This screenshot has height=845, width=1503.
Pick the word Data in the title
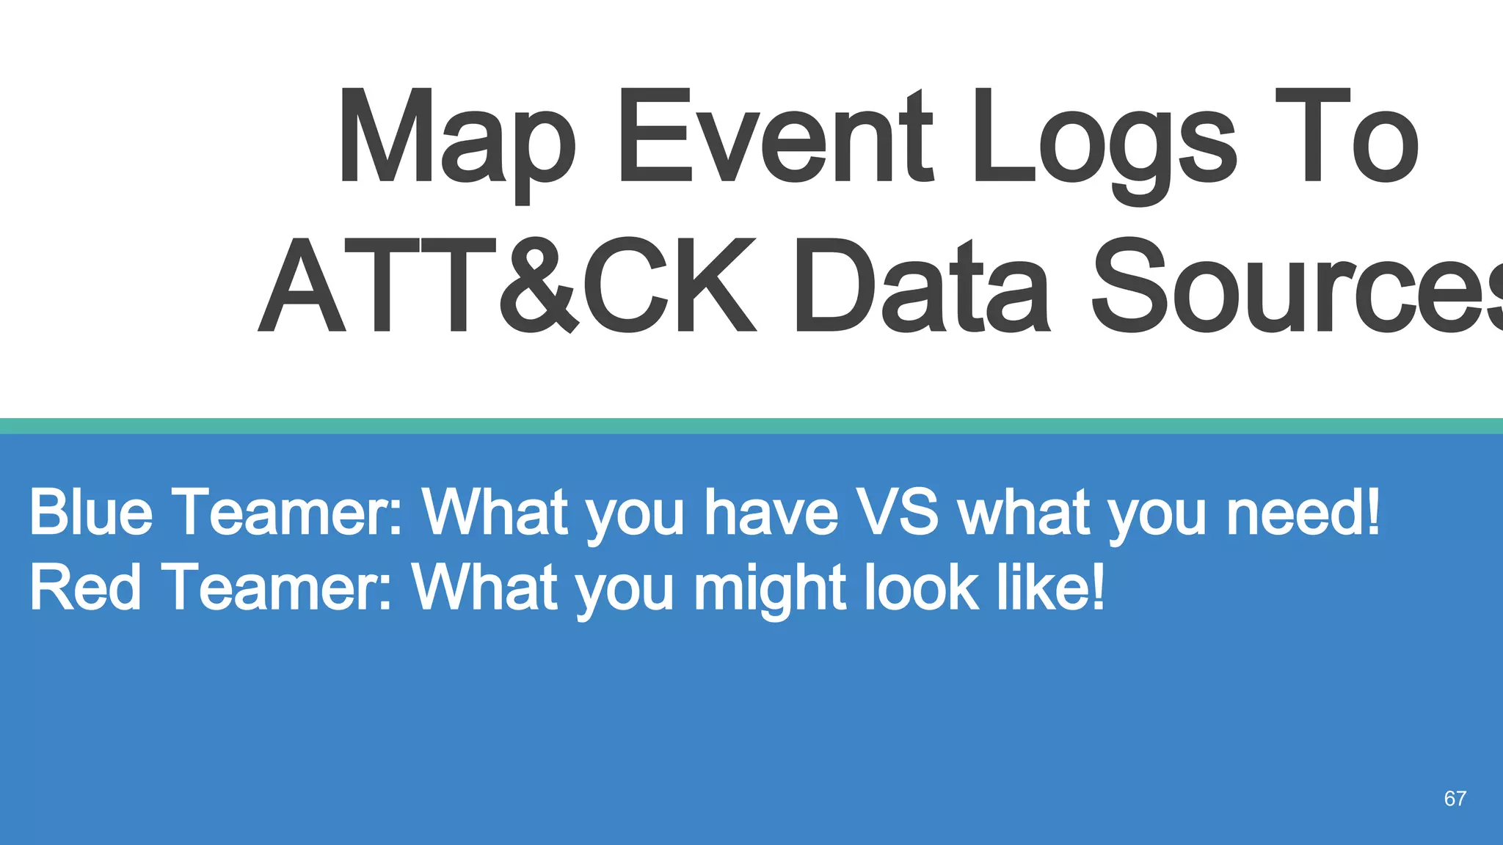[921, 286]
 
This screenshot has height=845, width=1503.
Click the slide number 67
[1455, 799]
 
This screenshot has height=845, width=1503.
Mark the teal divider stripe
[751, 426]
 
